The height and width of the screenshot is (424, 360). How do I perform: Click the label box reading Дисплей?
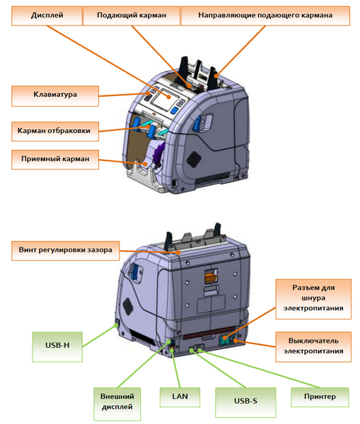tap(47, 16)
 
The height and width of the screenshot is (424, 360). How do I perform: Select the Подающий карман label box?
tap(132, 16)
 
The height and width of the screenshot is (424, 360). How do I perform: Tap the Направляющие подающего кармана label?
tap(265, 16)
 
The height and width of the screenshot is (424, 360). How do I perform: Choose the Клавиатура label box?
tap(55, 96)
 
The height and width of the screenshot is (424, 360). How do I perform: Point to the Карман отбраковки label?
tap(55, 131)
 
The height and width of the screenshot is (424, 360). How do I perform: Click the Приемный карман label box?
tap(55, 160)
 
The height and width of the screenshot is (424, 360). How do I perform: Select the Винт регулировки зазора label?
tap(65, 251)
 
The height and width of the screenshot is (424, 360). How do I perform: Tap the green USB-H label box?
tap(57, 347)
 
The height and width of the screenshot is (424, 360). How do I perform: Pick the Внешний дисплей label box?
tap(117, 404)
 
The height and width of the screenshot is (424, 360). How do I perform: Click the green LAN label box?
tap(180, 397)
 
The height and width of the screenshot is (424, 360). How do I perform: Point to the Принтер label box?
tap(320, 397)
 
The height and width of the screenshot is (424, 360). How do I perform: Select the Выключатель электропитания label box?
tap(313, 347)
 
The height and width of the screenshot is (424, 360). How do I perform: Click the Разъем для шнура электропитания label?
tap(313, 299)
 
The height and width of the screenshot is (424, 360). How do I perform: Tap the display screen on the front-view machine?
tap(165, 98)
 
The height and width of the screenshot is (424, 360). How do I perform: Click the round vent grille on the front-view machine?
tap(194, 159)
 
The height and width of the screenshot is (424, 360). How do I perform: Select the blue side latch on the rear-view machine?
tap(135, 272)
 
